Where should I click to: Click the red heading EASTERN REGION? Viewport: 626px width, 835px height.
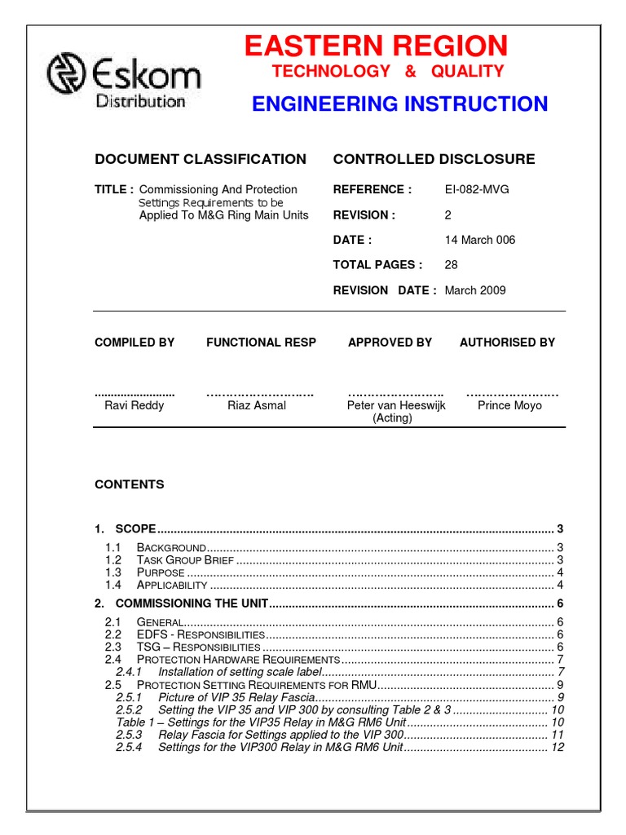click(x=376, y=46)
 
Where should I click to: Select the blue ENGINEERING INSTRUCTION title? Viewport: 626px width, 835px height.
click(x=399, y=104)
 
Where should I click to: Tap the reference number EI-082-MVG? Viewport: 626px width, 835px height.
click(x=477, y=189)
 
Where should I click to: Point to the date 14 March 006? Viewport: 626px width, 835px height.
click(x=480, y=240)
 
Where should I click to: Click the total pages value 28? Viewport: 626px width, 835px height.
click(x=452, y=265)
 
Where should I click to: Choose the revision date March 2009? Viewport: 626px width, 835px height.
click(x=475, y=290)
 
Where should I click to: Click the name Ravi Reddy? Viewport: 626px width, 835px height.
click(x=134, y=405)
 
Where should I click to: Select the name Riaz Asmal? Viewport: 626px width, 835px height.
click(x=257, y=405)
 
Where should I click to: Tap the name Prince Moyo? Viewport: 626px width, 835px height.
click(x=509, y=405)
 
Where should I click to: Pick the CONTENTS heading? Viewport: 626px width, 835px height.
click(x=130, y=484)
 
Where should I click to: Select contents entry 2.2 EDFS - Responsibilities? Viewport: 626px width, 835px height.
click(x=201, y=634)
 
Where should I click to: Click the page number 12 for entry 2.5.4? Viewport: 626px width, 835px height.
click(x=558, y=747)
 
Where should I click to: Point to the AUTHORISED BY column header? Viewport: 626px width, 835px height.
click(x=507, y=342)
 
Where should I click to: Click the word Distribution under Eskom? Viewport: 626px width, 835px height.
click(x=141, y=102)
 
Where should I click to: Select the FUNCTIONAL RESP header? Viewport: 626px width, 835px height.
click(x=261, y=342)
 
